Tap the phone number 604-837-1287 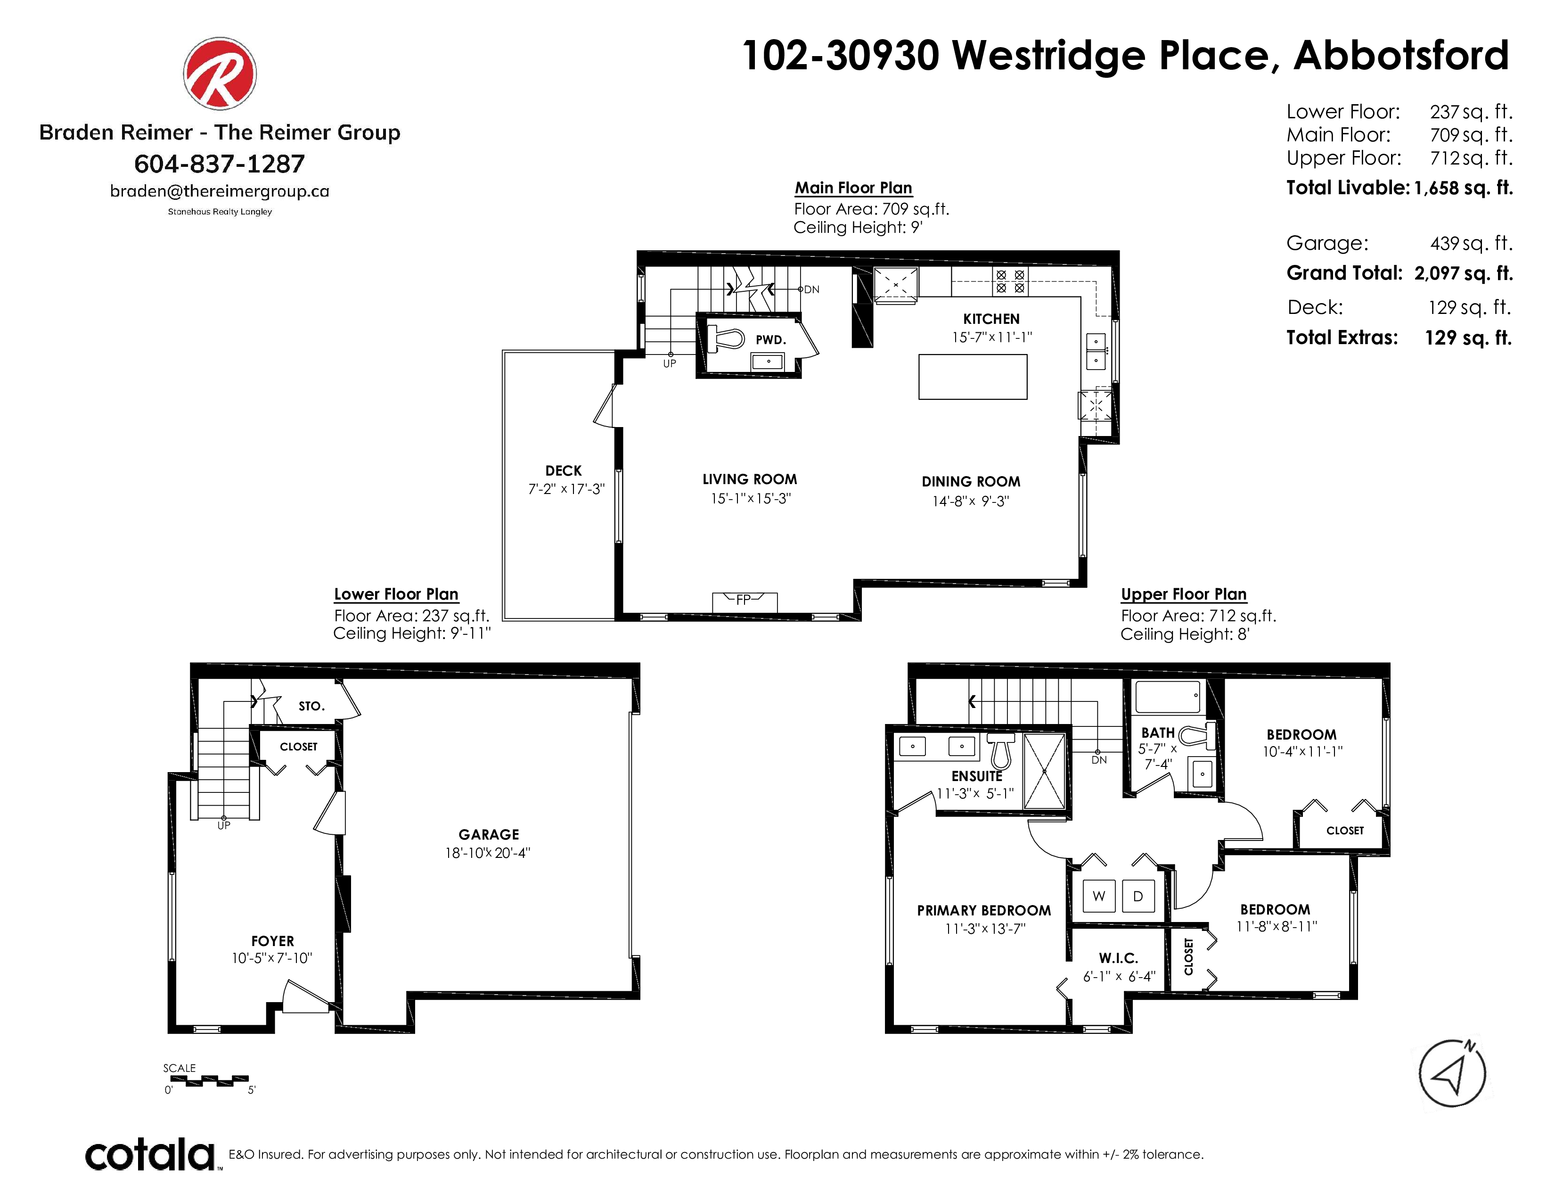219,164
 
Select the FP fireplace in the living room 745,602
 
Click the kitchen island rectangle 973,377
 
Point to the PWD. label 771,340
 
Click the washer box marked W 1098,896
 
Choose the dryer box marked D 1138,896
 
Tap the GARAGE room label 489,834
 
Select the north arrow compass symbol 1452,1073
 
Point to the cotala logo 149,1154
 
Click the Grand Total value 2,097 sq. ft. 1463,273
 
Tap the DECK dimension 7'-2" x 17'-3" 566,489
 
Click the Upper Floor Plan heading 1183,594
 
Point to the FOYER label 273,941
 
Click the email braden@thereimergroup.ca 219,191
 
